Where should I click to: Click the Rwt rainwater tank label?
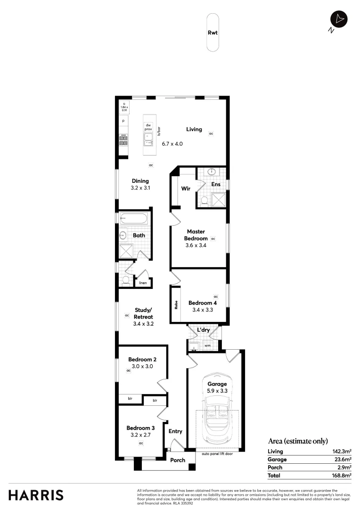pyautogui.click(x=213, y=33)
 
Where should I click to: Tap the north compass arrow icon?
pyautogui.click(x=339, y=19)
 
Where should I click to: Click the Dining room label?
pyautogui.click(x=140, y=181)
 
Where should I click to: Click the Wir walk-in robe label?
pyautogui.click(x=186, y=189)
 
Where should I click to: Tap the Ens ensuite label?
pyautogui.click(x=215, y=184)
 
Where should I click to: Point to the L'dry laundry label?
pyautogui.click(x=203, y=330)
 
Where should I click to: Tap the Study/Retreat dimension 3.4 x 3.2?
pyautogui.click(x=144, y=324)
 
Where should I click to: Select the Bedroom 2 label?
pyautogui.click(x=142, y=360)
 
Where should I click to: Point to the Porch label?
pyautogui.click(x=178, y=460)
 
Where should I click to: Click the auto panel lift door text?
pyautogui.click(x=217, y=454)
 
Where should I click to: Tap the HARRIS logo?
pyautogui.click(x=36, y=495)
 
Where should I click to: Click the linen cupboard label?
pyautogui.click(x=143, y=283)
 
